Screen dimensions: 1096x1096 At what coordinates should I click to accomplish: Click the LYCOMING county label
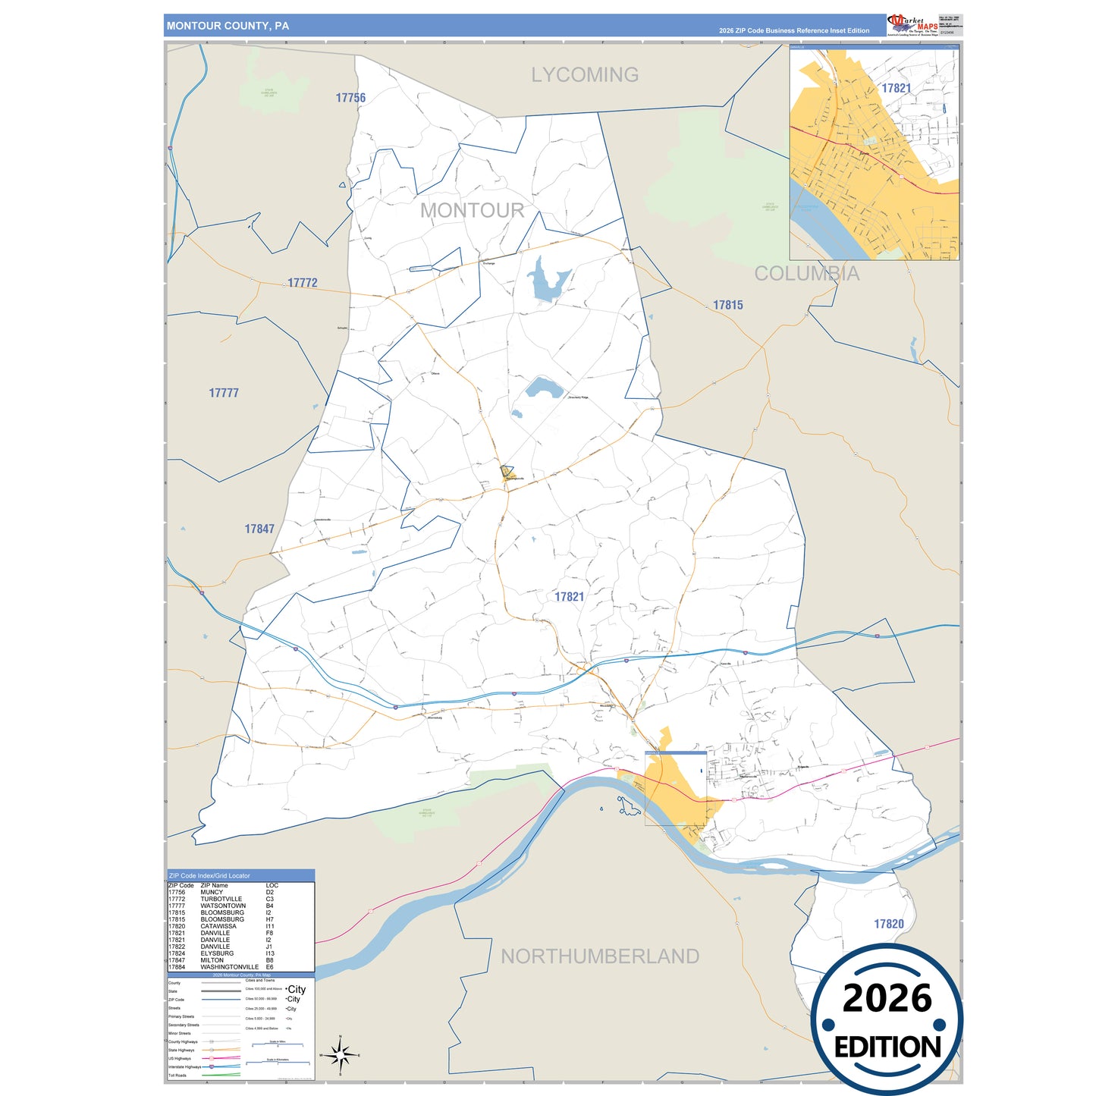point(584,75)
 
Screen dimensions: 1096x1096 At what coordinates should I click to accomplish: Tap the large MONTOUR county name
point(472,211)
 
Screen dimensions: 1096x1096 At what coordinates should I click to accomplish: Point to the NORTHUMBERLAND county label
point(599,956)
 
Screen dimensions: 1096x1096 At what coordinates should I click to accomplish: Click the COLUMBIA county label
point(806,274)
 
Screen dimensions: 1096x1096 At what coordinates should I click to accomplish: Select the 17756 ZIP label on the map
point(350,98)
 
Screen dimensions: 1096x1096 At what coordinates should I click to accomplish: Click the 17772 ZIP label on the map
point(302,283)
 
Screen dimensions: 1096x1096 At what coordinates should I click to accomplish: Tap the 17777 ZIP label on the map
point(224,393)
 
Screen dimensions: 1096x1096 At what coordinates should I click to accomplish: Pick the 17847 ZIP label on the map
point(259,529)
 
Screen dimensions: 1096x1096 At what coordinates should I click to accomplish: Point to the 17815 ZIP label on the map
point(727,305)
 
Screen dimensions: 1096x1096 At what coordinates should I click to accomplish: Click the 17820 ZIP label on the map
point(888,924)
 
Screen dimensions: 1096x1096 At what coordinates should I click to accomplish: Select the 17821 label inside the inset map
point(896,88)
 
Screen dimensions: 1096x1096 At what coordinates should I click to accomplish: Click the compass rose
point(341,1055)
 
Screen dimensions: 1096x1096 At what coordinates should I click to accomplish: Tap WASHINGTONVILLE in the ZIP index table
point(229,967)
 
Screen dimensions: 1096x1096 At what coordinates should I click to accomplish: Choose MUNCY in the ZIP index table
point(212,892)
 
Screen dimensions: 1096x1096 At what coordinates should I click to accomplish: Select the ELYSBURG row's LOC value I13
point(270,953)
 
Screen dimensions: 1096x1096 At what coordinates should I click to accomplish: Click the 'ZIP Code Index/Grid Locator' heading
point(209,875)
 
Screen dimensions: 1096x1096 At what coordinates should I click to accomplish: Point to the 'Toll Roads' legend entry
point(177,1075)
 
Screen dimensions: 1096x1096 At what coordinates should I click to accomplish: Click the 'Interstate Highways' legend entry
point(184,1066)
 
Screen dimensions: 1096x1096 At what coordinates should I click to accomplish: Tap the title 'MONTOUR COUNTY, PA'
point(228,26)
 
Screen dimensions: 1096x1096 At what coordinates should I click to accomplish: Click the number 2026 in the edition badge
point(887,999)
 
